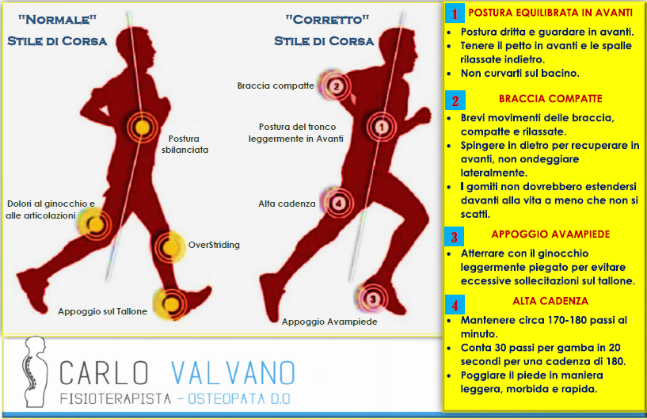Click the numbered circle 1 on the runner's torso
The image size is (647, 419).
(x=382, y=128)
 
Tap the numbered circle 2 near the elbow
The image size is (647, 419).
(x=337, y=86)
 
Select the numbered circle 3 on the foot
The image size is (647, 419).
(x=373, y=299)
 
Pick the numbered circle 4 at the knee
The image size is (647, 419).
(x=339, y=203)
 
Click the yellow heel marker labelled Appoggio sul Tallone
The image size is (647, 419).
(x=171, y=304)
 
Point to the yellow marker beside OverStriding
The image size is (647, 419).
(x=169, y=248)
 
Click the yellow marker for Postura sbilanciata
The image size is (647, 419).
(x=142, y=128)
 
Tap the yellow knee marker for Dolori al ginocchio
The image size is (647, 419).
(x=96, y=225)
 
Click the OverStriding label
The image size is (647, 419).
(x=214, y=245)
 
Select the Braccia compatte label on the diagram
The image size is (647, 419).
(x=276, y=86)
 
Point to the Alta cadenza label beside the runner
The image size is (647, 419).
(x=287, y=204)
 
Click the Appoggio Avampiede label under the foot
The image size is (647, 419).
(x=329, y=322)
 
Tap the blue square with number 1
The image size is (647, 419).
(x=455, y=13)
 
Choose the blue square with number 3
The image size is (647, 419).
(x=455, y=237)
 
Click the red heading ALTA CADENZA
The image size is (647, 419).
(x=550, y=301)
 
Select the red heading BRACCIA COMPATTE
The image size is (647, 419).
(x=550, y=99)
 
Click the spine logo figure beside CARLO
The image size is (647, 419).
(x=35, y=371)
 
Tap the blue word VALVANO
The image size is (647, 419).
(x=233, y=373)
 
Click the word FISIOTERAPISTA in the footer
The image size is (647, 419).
(x=116, y=398)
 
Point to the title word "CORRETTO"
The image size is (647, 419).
(x=327, y=19)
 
